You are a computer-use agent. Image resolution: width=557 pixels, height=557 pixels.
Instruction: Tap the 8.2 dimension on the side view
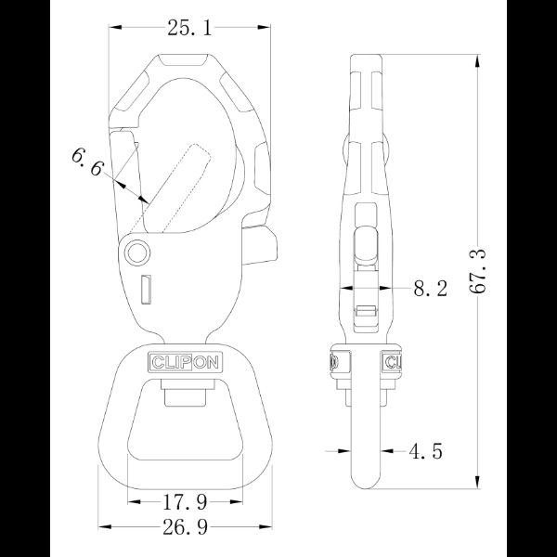click(430, 290)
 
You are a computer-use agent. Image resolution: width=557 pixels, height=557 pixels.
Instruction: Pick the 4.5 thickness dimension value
click(424, 452)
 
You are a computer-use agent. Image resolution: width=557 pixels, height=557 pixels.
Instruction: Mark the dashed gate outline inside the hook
click(176, 186)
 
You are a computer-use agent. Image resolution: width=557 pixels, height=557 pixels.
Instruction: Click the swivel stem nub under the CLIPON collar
click(183, 396)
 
